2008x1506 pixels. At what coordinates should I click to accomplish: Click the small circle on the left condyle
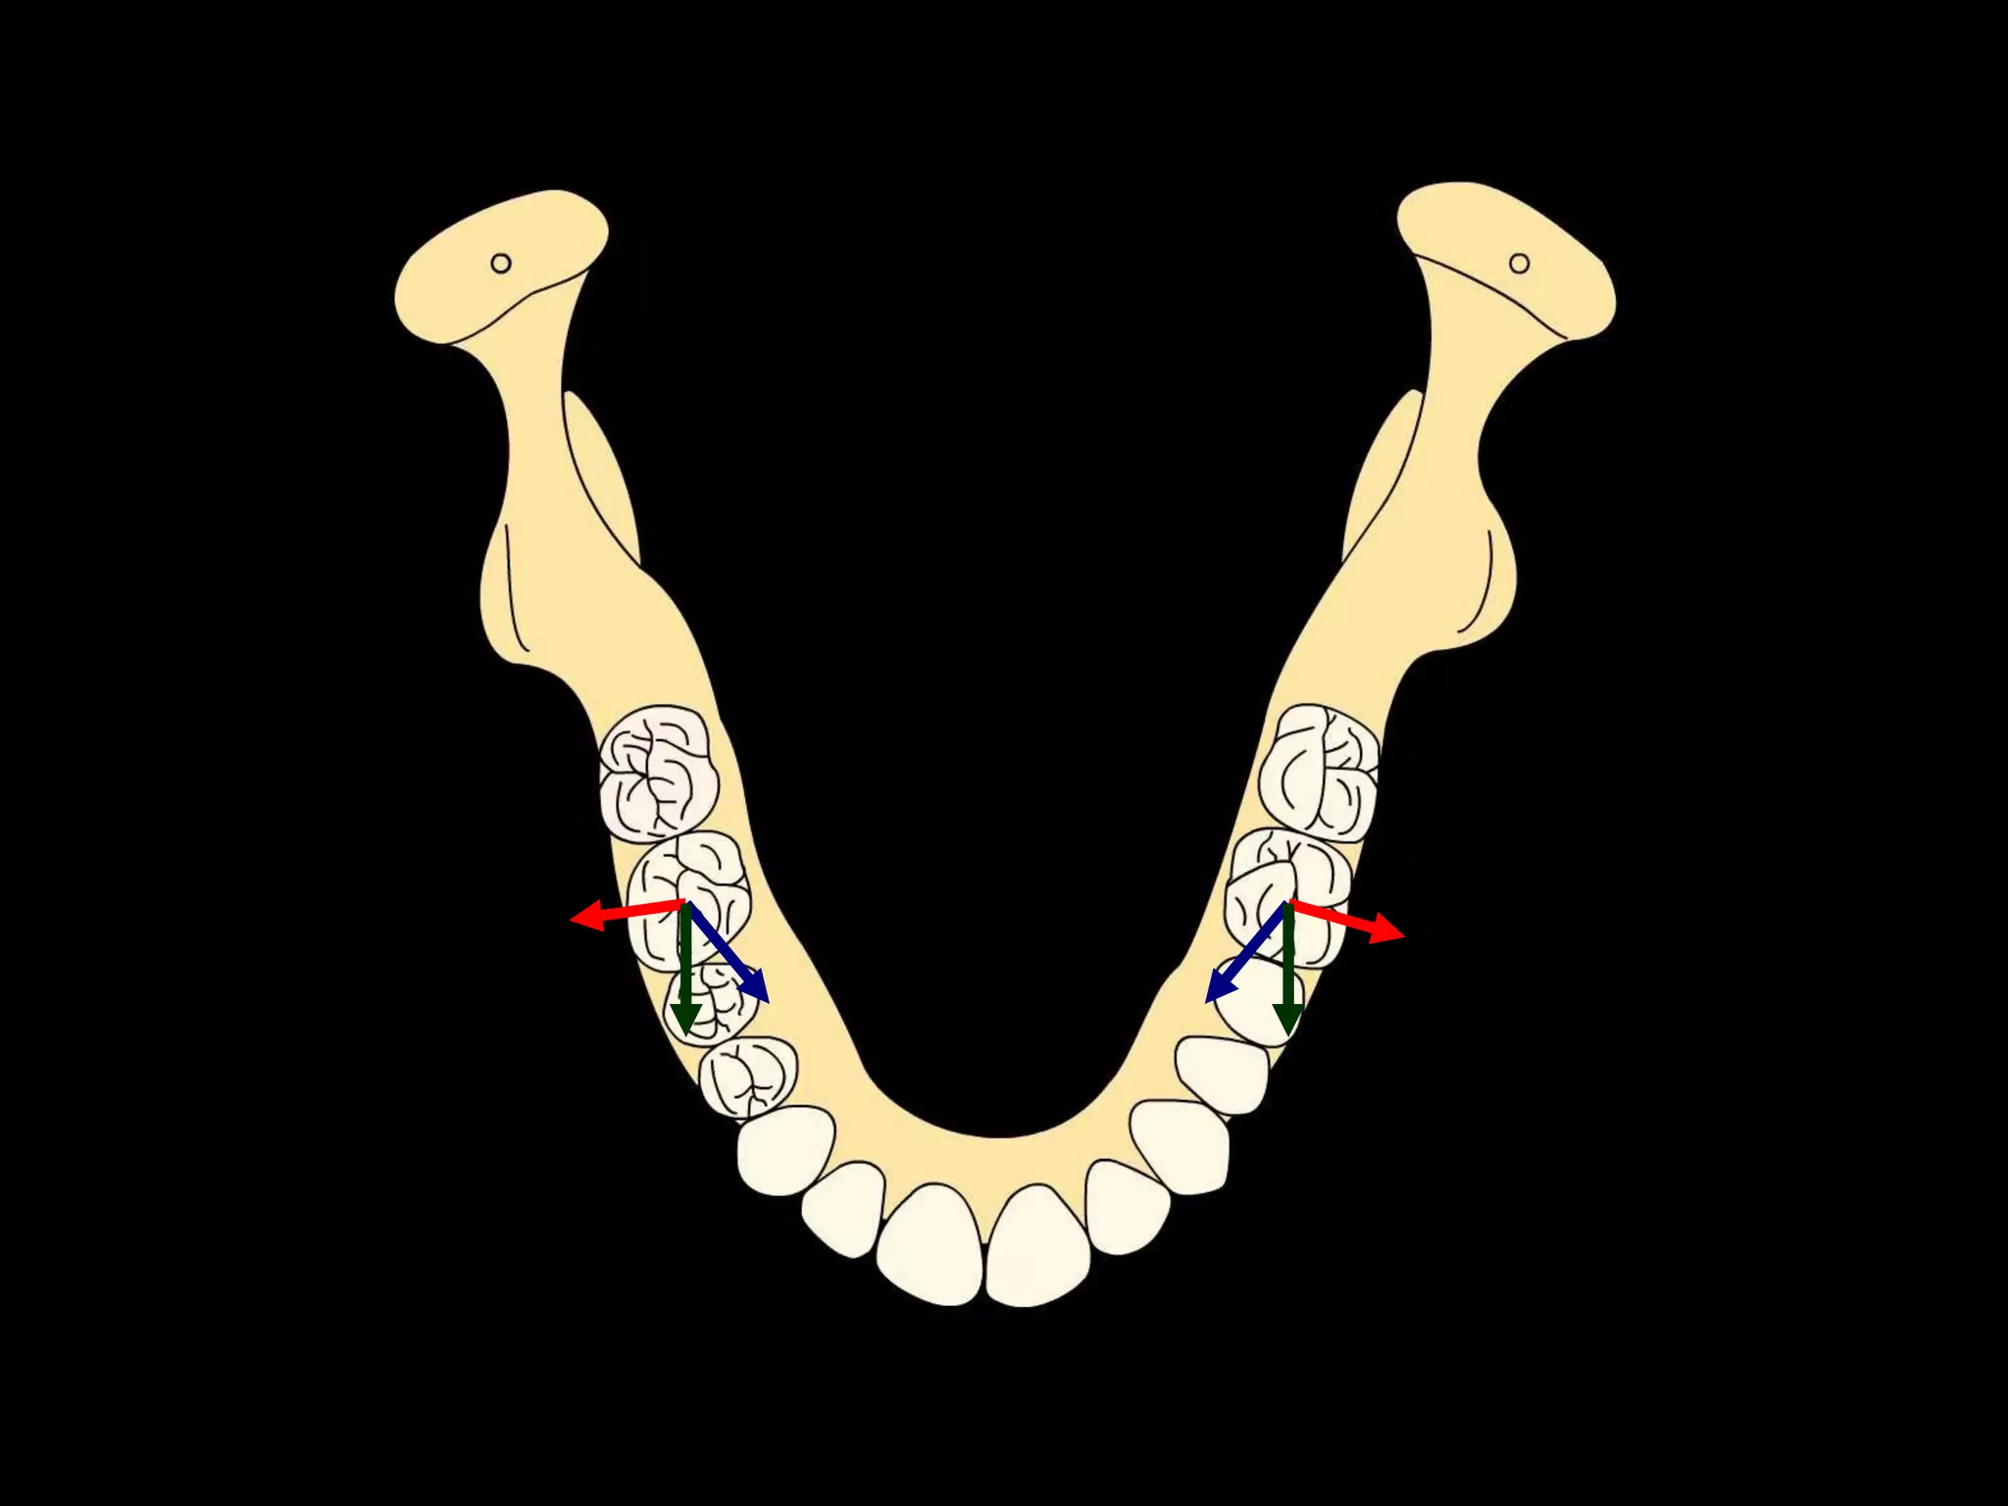(501, 263)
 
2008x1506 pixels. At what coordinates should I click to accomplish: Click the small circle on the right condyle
(1520, 263)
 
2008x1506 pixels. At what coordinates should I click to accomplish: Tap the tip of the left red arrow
(573, 920)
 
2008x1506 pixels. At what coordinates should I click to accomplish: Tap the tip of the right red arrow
(1402, 935)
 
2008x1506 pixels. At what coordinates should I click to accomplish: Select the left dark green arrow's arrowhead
(684, 1026)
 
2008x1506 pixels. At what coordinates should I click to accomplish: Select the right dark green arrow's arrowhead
(1287, 1026)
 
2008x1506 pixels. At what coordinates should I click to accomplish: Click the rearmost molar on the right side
(1320, 772)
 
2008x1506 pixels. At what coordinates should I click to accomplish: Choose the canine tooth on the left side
(785, 1149)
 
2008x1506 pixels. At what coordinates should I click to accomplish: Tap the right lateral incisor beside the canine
(1127, 1206)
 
